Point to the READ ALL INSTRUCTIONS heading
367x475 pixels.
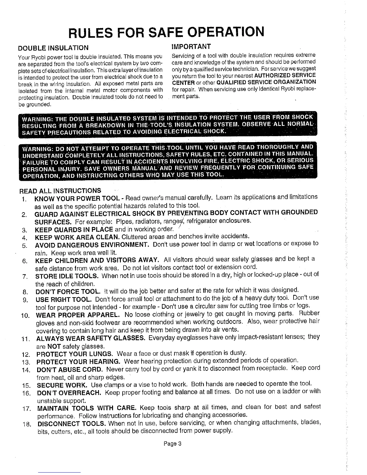60,191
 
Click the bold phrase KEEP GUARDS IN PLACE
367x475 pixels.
74,230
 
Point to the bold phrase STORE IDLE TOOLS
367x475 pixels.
67,276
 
